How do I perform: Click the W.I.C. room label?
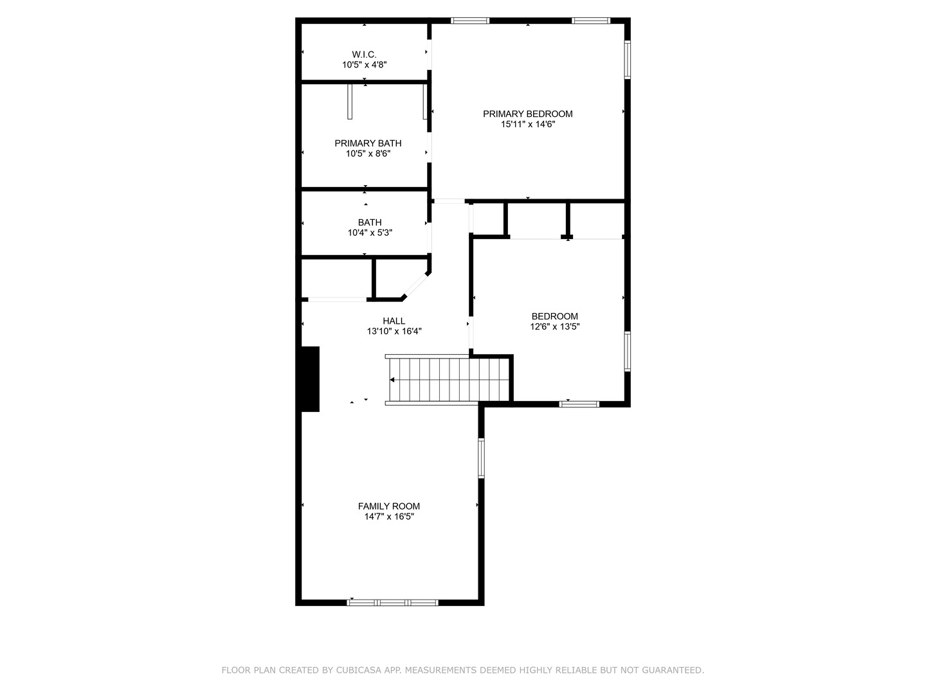point(364,55)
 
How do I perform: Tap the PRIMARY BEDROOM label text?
point(527,114)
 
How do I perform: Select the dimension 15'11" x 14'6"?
point(527,124)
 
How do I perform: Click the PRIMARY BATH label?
point(368,143)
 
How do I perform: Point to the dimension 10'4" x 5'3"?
point(370,233)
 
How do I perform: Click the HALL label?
point(394,321)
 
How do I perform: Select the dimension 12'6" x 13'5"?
point(554,326)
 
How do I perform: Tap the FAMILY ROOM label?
point(388,506)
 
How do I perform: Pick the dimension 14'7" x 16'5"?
point(388,517)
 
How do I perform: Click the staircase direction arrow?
point(392,380)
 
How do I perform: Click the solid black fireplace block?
point(310,378)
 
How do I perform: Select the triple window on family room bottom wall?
point(392,602)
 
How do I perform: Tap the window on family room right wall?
point(481,458)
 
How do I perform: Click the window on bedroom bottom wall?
point(579,404)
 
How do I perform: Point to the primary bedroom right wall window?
point(627,60)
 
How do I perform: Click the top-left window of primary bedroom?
point(470,21)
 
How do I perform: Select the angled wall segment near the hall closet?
point(416,286)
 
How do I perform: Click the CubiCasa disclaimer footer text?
point(462,670)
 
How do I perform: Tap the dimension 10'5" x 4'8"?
point(364,65)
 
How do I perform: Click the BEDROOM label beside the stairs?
point(554,316)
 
